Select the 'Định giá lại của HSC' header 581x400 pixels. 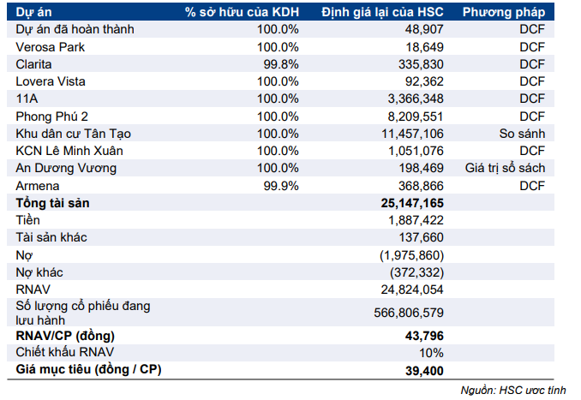click(x=384, y=12)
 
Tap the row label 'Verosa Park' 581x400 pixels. click(x=51, y=46)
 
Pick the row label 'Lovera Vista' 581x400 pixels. click(x=53, y=81)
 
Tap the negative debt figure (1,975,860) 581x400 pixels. click(x=413, y=255)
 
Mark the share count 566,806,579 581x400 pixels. click(x=409, y=313)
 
